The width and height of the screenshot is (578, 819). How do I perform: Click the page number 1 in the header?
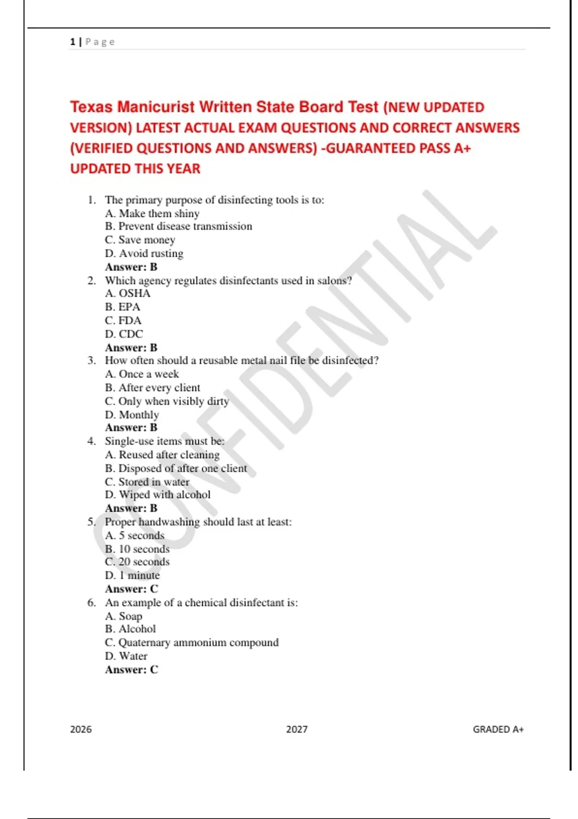(72, 42)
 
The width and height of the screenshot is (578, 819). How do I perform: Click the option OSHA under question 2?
(128, 293)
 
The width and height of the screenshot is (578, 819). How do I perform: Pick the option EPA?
(123, 307)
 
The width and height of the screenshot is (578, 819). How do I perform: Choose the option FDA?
(123, 320)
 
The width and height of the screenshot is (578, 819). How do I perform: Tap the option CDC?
(124, 334)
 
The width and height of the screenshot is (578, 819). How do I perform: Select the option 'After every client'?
(152, 388)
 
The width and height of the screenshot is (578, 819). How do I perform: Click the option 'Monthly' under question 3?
(131, 415)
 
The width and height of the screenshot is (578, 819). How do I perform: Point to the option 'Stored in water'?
(147, 482)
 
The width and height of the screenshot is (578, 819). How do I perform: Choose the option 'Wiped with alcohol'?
(158, 495)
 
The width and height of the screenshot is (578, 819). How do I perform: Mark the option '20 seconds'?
(137, 562)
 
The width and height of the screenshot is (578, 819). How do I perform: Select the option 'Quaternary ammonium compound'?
(192, 643)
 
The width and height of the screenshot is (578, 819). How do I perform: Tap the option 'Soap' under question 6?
(123, 616)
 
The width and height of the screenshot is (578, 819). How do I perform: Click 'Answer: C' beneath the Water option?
(131, 670)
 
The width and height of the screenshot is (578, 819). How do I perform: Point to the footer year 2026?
(81, 729)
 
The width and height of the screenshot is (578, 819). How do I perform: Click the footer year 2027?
(297, 729)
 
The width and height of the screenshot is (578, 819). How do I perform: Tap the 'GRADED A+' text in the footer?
(498, 729)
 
